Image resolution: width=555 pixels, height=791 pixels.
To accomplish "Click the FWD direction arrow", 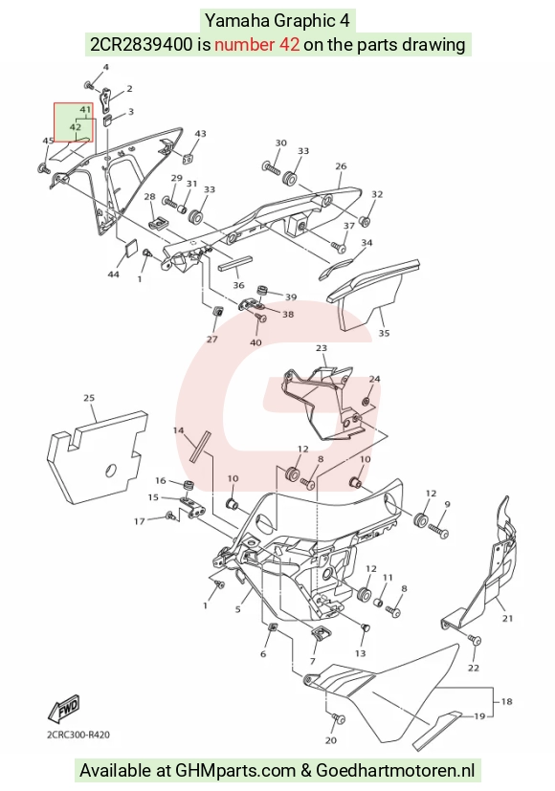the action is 63,709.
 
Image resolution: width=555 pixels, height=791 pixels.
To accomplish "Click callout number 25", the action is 89,398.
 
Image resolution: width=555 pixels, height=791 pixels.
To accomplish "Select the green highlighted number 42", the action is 76,127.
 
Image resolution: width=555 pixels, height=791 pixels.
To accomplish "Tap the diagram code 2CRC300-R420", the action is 78,735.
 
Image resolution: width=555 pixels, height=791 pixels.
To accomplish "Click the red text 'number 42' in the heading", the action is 256,44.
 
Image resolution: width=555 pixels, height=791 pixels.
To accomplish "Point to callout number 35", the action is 384,333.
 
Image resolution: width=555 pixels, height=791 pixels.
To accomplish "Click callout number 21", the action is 507,619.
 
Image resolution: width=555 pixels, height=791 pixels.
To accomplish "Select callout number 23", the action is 322,348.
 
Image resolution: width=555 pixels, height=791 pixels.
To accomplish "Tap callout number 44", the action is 114,274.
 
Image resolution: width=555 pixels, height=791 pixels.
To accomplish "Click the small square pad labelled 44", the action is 131,249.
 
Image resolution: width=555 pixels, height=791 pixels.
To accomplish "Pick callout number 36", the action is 238,285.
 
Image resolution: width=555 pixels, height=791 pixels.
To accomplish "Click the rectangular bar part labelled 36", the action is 234,264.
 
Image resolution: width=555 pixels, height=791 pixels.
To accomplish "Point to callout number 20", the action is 330,740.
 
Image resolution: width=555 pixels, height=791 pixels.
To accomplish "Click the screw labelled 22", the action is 475,640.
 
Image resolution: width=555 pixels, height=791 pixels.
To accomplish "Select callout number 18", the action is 506,701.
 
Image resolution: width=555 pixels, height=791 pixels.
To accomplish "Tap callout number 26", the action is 341,166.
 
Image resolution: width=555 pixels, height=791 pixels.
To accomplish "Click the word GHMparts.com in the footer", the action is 235,771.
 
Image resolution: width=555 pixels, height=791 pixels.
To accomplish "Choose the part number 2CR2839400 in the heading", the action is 142,44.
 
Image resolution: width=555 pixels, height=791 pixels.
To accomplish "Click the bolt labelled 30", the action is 271,167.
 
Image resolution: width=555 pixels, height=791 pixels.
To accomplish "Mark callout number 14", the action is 178,430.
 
